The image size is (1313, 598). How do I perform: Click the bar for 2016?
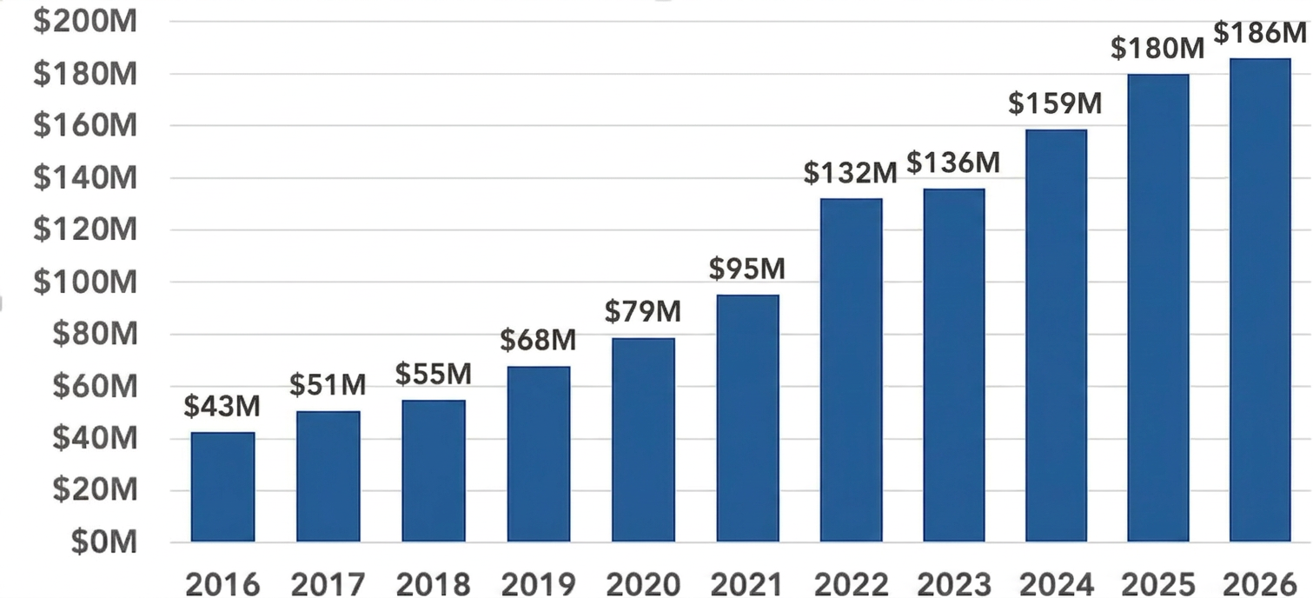223,487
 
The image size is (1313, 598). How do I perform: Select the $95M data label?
747,269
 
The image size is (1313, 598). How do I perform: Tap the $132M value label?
850,173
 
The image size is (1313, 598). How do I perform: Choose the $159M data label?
1055,103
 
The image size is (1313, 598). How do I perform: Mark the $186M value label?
1260,33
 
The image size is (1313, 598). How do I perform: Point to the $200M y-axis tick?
85,22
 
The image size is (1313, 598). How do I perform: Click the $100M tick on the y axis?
85,282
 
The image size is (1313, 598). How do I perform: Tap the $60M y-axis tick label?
90,387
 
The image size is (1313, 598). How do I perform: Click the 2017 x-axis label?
328,583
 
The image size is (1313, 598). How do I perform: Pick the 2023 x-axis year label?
955,583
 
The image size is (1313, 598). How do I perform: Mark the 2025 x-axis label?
1159,583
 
